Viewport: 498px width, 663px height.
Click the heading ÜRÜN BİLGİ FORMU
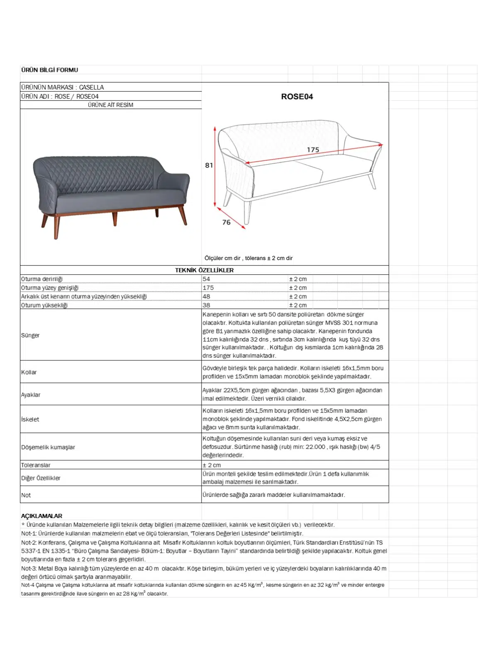(x=49, y=70)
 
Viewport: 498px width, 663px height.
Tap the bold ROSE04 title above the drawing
(x=297, y=97)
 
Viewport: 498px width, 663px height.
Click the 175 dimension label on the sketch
(x=313, y=150)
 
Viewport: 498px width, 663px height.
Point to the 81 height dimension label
(x=209, y=165)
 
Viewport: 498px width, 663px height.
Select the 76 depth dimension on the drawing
(x=226, y=223)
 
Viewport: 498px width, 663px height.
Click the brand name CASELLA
(x=91, y=87)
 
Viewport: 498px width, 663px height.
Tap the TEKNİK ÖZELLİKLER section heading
(x=204, y=270)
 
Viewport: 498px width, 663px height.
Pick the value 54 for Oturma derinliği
(x=206, y=279)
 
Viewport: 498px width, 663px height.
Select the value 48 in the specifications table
(x=206, y=296)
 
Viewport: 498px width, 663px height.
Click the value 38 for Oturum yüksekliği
(x=206, y=305)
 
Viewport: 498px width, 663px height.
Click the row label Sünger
(x=30, y=335)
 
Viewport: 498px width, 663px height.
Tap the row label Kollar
(x=29, y=372)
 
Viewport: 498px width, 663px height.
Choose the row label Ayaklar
(x=31, y=394)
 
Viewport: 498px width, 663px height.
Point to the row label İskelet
(x=30, y=419)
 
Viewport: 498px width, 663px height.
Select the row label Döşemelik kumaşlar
(x=48, y=447)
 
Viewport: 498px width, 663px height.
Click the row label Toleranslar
(x=36, y=465)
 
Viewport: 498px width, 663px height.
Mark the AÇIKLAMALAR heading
(x=41, y=516)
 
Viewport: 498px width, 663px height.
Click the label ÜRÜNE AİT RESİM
(x=110, y=105)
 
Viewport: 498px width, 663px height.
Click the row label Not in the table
(x=26, y=495)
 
